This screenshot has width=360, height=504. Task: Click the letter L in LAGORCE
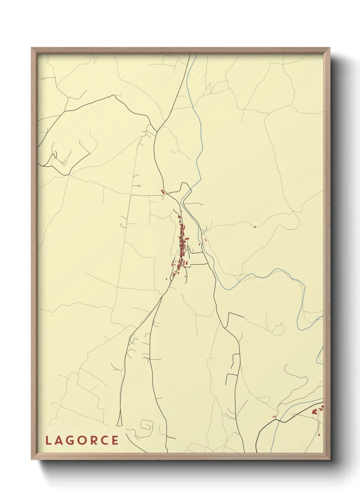pyautogui.click(x=48, y=440)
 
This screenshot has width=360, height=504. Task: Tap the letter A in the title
pyautogui.click(x=58, y=440)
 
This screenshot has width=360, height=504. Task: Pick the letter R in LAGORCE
pyautogui.click(x=93, y=440)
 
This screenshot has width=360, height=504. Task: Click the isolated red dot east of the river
pyautogui.click(x=255, y=227)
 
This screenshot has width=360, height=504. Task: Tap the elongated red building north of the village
pyautogui.click(x=163, y=192)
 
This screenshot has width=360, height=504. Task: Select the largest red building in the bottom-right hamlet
pyautogui.click(x=314, y=412)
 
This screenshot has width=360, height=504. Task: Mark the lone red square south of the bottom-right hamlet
pyautogui.click(x=319, y=435)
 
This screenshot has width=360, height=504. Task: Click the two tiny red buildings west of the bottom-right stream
pyautogui.click(x=274, y=416)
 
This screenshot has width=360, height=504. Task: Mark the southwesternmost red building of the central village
pyautogui.click(x=166, y=279)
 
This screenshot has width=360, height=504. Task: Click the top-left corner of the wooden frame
pyautogui.click(x=32, y=48)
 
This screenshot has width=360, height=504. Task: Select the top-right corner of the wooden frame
pyautogui.click(x=330, y=48)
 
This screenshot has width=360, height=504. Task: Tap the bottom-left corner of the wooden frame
pyautogui.click(x=32, y=459)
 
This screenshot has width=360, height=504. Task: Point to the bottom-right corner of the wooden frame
pyautogui.click(x=330, y=459)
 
